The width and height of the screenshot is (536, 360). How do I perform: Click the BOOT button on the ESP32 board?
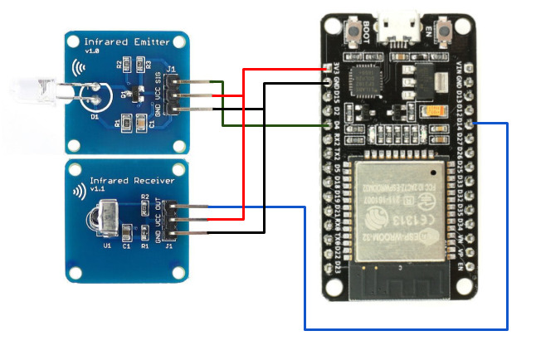point(365,32)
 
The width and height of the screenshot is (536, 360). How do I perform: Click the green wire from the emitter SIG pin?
point(223,104)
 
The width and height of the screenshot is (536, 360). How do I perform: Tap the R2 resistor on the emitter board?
point(120,63)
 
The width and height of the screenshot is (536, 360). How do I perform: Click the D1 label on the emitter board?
point(95,117)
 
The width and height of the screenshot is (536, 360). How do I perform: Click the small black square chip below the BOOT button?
point(366,82)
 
